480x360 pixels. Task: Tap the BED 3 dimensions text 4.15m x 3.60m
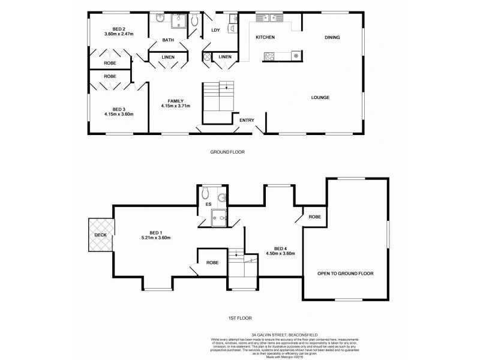(118, 113)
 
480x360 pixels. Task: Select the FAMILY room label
(175, 101)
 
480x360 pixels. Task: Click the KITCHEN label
(265, 37)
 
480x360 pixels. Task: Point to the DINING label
(332, 37)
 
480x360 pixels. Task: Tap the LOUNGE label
(320, 97)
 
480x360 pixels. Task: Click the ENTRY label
(247, 120)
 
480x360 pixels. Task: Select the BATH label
(168, 40)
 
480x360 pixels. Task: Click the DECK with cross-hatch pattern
(100, 235)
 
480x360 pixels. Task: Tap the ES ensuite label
(208, 205)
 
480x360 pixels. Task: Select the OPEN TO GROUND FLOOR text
(346, 273)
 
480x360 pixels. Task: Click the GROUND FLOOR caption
(227, 152)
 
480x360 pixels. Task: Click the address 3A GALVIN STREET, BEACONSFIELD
(240, 334)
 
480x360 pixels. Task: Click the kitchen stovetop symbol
(268, 56)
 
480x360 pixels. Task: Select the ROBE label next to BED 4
(314, 216)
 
